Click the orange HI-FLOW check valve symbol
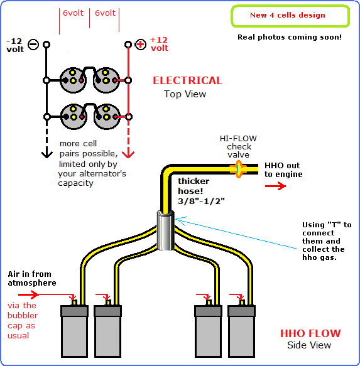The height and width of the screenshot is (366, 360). point(238,170)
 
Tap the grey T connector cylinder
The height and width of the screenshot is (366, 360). point(165,230)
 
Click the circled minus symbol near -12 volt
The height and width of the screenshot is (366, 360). point(33,45)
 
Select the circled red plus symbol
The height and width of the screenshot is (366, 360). point(140,45)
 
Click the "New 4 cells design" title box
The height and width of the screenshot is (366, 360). point(290,16)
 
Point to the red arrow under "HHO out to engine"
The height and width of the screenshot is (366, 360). point(276,186)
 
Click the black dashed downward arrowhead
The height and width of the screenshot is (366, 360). point(47,154)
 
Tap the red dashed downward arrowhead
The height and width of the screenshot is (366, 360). point(128,154)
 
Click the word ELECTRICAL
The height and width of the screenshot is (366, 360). point(187,80)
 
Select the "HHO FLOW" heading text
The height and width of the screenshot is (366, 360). point(310,333)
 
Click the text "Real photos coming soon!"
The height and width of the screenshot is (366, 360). point(290,37)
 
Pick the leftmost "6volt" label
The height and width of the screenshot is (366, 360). point(73,13)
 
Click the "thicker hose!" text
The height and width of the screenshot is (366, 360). point(194,186)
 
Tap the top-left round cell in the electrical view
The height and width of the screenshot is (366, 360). point(73,80)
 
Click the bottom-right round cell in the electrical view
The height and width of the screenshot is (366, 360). point(107,117)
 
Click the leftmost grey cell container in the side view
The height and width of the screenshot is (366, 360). point(74,331)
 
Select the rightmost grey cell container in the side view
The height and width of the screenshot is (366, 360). point(241,331)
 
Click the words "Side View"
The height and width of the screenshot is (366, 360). point(309,345)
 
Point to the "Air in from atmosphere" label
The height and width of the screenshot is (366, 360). point(32,278)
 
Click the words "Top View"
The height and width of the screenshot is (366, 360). point(185,94)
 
